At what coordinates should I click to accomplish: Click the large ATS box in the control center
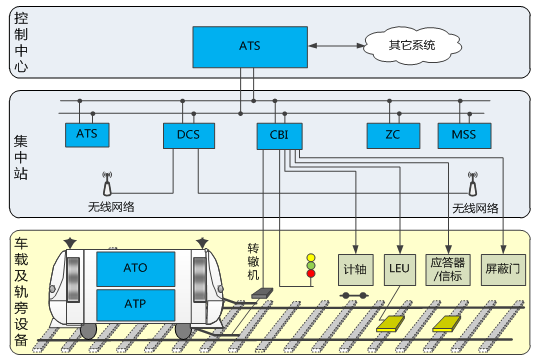pos(250,47)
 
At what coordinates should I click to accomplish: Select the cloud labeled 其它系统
pos(412,45)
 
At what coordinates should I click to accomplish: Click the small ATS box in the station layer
pos(87,135)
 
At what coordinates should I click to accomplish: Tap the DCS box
pos(189,136)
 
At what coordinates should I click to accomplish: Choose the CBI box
pos(279,136)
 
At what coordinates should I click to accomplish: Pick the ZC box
pos(393,136)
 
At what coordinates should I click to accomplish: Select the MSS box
pos(464,136)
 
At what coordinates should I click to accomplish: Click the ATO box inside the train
pos(136,269)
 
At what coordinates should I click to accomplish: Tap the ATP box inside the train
pos(136,305)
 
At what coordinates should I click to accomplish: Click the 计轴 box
pos(356,270)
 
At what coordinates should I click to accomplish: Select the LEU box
pos(400,270)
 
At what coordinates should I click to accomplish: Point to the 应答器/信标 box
pos(448,270)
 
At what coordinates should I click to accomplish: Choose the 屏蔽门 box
pos(503,270)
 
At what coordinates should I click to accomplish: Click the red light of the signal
pos(311,274)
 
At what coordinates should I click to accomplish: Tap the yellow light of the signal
pos(311,258)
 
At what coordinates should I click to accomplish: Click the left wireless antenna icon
pos(107,184)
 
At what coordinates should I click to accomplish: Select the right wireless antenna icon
pos(473,184)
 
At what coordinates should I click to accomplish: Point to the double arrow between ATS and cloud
pos(337,46)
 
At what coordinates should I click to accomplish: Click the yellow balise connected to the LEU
pos(390,324)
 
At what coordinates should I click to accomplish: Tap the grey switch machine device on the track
pos(262,293)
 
